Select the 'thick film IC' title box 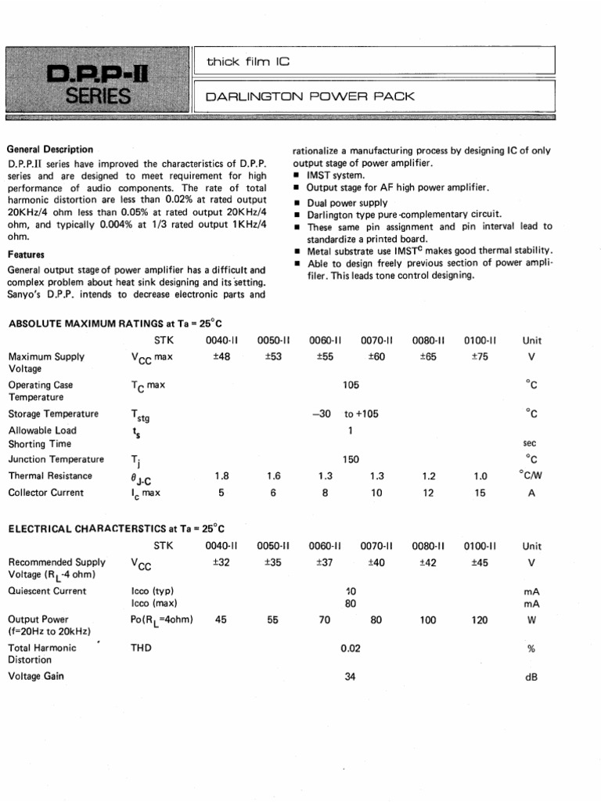247,61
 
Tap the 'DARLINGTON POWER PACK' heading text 308,97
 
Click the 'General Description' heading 50,149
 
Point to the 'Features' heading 26,255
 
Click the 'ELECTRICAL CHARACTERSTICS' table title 110,529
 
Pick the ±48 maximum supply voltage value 221,356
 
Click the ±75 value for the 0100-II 480,356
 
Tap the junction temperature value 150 351,460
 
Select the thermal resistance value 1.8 221,476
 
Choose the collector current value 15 480,493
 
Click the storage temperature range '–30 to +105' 345,414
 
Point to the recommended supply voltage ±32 221,562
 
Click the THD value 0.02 350,648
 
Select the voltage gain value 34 350,677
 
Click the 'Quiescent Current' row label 47,591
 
